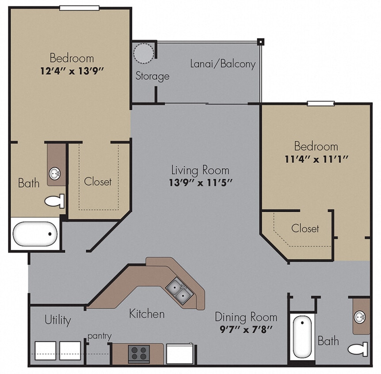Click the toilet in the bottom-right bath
click(358, 349)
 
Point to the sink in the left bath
click(55, 173)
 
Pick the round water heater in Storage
click(144, 53)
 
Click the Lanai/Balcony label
click(223, 64)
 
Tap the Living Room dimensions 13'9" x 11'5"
click(201, 182)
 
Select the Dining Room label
click(246, 317)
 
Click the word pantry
click(99, 336)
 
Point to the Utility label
click(58, 320)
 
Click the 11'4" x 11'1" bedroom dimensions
click(316, 159)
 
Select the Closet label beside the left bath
click(98, 181)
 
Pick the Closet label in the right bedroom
click(305, 229)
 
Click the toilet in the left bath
click(55, 201)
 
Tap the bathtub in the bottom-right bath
click(302, 337)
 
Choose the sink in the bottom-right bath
click(361, 317)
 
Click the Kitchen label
click(147, 314)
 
